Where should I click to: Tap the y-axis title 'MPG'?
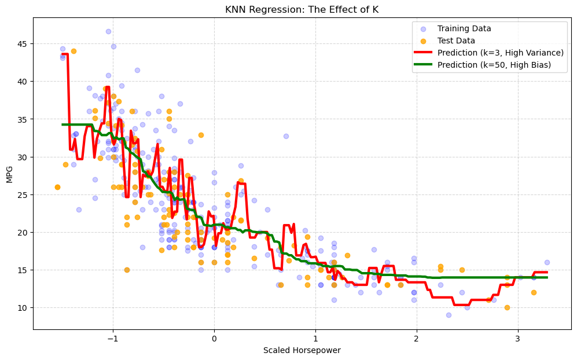coord(9,174)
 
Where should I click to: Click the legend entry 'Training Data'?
coord(464,28)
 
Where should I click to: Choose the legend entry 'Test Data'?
coord(456,41)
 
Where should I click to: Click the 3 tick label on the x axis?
coord(517,339)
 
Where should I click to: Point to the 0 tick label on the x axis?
coord(214,339)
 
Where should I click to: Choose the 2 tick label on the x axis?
coord(416,339)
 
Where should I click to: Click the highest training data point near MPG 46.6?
coord(108,31)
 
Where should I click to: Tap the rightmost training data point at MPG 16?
coord(547,262)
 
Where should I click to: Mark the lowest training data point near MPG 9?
coord(449,315)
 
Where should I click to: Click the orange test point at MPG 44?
coord(73,51)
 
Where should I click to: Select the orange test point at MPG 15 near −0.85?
coord(127,270)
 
